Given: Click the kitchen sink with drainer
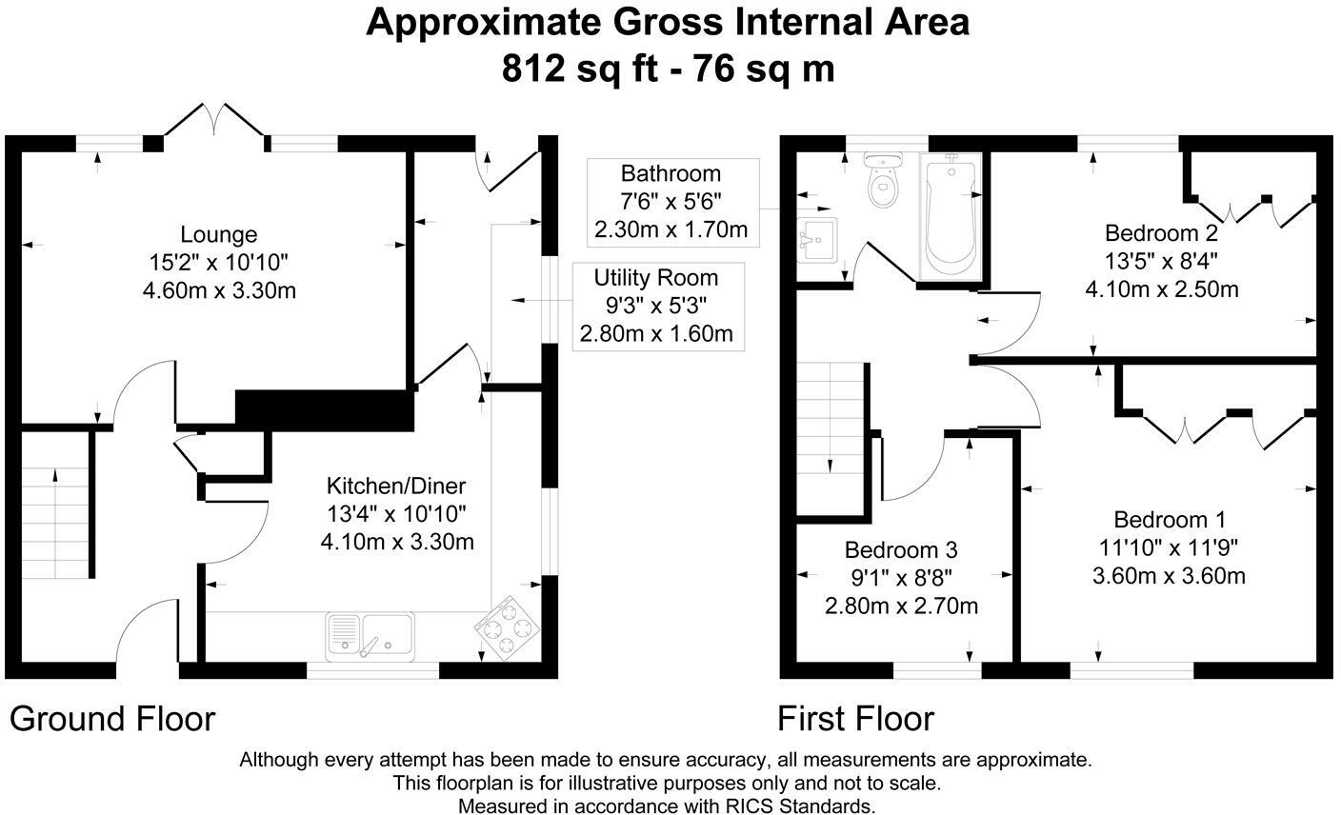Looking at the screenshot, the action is (x=370, y=636).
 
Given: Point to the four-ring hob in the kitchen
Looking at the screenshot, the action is (x=507, y=628).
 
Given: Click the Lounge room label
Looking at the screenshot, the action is (x=219, y=234).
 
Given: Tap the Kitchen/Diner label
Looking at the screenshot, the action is (x=396, y=486).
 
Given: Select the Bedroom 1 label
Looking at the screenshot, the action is (x=1170, y=520).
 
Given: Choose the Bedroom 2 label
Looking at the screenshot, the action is (x=1161, y=232).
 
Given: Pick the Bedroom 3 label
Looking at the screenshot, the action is (x=901, y=549).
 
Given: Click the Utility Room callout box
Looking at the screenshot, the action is (x=658, y=307).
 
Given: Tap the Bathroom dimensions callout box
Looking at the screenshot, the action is (x=673, y=202).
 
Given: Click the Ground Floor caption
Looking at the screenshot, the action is (x=112, y=719).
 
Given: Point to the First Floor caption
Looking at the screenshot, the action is (x=855, y=719).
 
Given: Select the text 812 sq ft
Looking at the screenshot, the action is (x=581, y=69).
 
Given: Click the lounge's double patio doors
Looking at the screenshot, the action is (x=214, y=126).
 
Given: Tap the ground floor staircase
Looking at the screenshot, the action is (x=55, y=524).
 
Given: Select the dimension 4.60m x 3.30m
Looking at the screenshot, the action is (x=219, y=290).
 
